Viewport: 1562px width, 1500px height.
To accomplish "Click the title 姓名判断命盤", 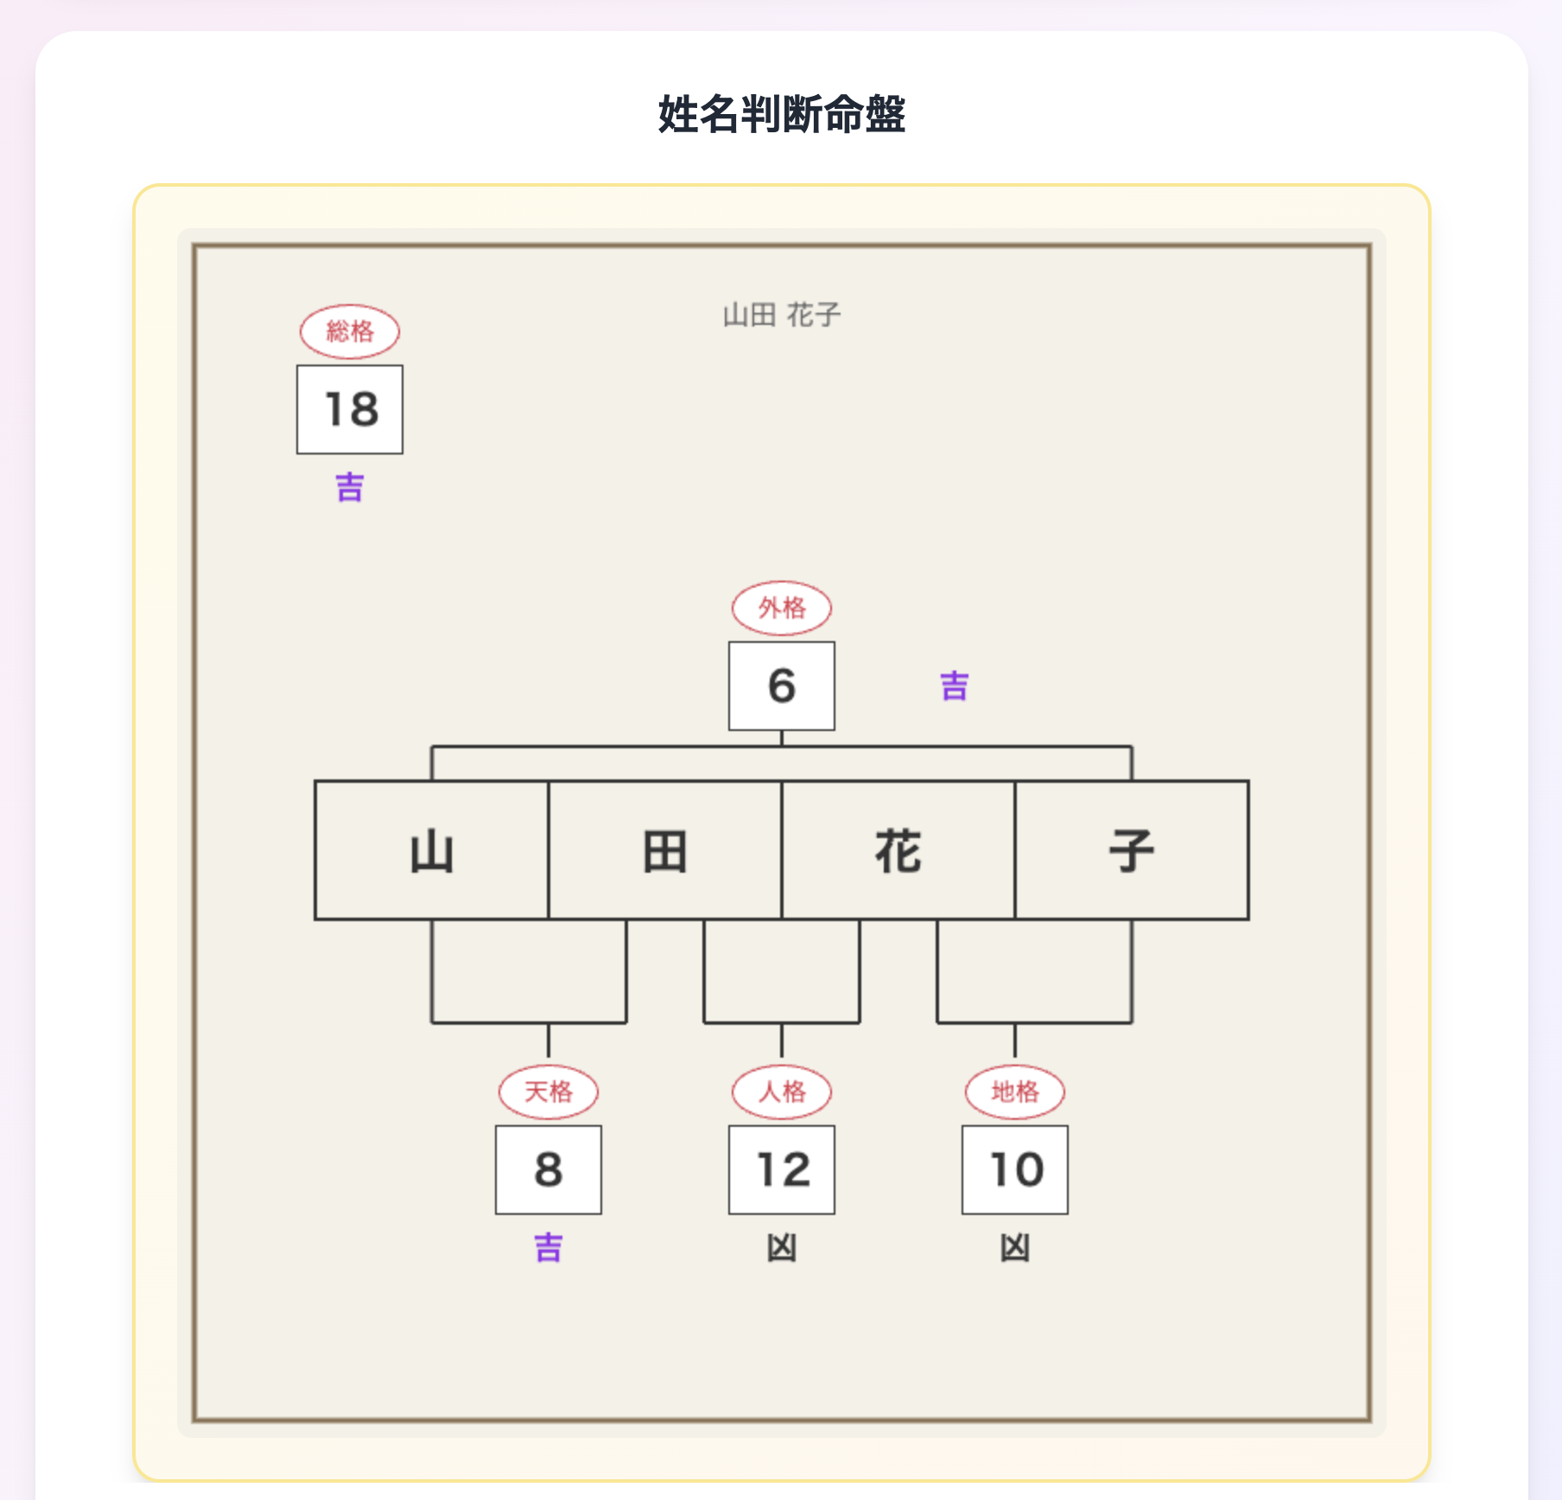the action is [781, 114].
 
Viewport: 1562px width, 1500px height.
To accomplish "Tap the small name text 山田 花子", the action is [781, 315].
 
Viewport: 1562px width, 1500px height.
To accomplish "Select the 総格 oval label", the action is [350, 331].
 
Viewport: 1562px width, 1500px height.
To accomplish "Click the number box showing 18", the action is [350, 409].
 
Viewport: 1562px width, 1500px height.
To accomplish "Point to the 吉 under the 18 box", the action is [350, 487].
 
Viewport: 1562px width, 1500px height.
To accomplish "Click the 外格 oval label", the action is [782, 607].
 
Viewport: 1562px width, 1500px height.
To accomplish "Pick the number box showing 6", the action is [782, 685].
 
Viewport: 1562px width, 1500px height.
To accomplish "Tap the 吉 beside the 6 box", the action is [955, 686].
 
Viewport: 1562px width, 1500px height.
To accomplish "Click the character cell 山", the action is [432, 850].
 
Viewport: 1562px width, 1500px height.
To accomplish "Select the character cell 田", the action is [665, 850].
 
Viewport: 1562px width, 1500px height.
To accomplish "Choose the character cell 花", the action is [898, 850].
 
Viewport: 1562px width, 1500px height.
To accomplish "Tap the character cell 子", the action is [1132, 850].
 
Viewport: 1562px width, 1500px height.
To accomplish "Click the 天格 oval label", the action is [549, 1091].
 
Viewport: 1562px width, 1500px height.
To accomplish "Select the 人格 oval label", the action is [782, 1091].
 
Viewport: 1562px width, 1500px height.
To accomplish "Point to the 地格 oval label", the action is [1015, 1091].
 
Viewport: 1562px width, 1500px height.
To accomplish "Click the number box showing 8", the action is [549, 1169].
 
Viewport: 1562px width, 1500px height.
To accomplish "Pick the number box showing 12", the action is [782, 1169].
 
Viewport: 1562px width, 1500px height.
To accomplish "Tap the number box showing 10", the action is [1015, 1169].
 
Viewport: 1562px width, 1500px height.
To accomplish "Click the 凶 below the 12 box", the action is [782, 1248].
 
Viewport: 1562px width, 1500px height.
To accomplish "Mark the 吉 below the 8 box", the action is [549, 1248].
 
